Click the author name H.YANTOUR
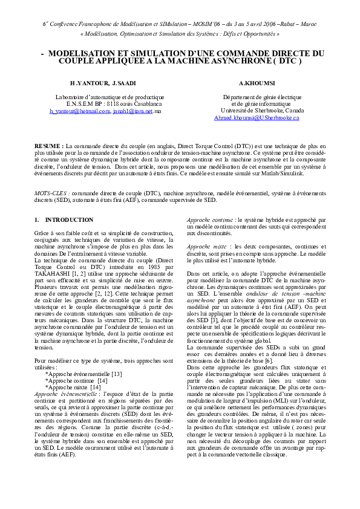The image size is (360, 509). tap(88, 82)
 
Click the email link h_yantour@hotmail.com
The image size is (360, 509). tap(79, 111)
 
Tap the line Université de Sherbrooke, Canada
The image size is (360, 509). tap(263, 111)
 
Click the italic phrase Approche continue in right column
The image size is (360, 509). tap(210, 219)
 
